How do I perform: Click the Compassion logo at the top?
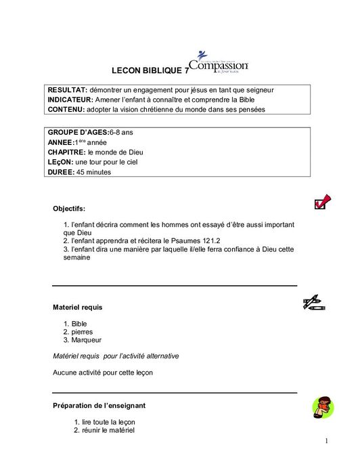[219, 62]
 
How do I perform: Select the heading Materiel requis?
[78, 307]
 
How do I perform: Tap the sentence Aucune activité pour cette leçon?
[102, 372]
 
